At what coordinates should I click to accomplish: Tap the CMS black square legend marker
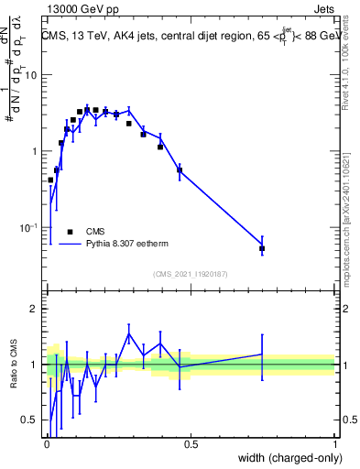tap(70, 233)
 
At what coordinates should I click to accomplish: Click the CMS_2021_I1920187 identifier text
tap(189, 274)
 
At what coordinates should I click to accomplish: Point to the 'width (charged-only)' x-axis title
tap(286, 458)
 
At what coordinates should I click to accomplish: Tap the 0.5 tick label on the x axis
tap(191, 444)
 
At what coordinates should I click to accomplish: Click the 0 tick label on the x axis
tap(47, 444)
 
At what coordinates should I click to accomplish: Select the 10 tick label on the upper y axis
tap(31, 75)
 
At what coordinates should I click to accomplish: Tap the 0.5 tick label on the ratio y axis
tap(31, 420)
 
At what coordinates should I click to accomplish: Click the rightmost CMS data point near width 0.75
tap(262, 248)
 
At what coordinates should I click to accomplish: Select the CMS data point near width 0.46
tap(180, 169)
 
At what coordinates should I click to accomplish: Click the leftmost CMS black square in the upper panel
tap(50, 180)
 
